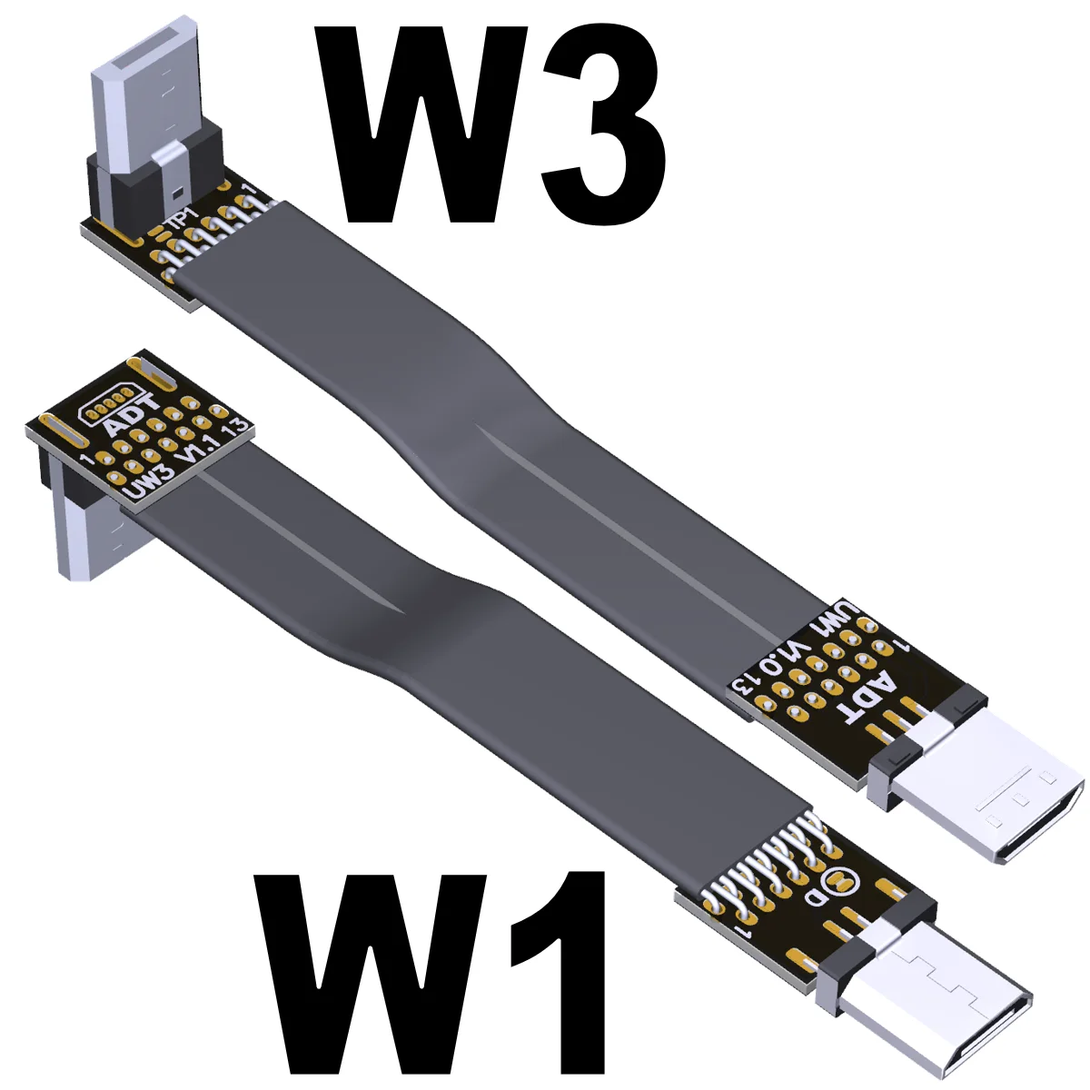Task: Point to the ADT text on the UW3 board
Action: [132, 413]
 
